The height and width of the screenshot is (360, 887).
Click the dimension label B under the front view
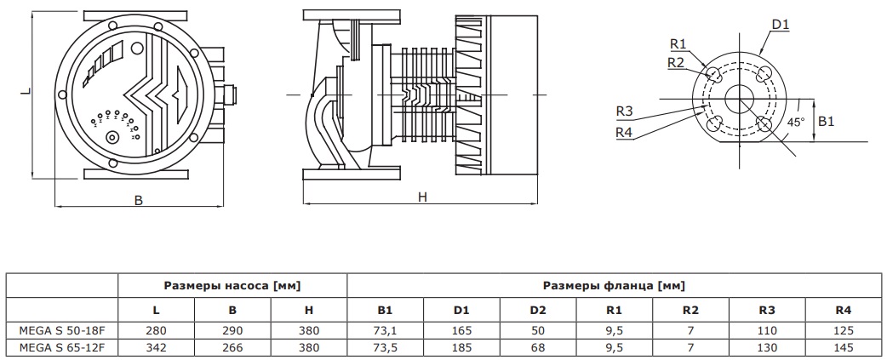pyautogui.click(x=138, y=200)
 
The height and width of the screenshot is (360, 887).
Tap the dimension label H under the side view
pyautogui.click(x=421, y=197)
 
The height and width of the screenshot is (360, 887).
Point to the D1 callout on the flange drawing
pyautogui.click(x=780, y=25)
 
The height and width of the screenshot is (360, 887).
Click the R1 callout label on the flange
pyautogui.click(x=678, y=44)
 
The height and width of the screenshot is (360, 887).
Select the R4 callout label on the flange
pyautogui.click(x=625, y=132)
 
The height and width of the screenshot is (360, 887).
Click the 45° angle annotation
pyautogui.click(x=795, y=122)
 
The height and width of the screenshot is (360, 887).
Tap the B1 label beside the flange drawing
pyautogui.click(x=826, y=122)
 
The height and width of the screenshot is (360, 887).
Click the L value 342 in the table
pyautogui.click(x=156, y=346)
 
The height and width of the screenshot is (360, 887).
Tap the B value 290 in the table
pyautogui.click(x=232, y=330)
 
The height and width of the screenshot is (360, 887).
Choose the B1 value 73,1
pyautogui.click(x=385, y=330)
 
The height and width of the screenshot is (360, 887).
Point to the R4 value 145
pyautogui.click(x=843, y=346)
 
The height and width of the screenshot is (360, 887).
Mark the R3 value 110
pyautogui.click(x=766, y=330)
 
